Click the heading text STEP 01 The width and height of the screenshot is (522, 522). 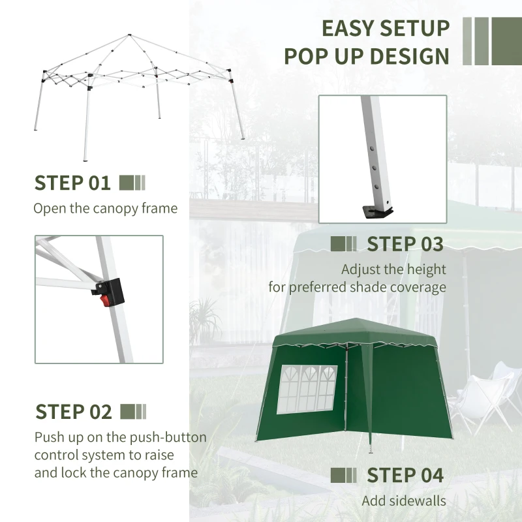[x=72, y=183]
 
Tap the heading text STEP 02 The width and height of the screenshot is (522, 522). [x=74, y=412]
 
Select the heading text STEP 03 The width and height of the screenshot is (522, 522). [x=405, y=244]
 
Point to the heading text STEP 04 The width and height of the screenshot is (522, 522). [x=405, y=475]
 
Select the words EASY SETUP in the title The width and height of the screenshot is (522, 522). [x=386, y=28]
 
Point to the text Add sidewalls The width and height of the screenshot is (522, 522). [x=404, y=501]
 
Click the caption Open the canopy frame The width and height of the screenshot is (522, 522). [x=105, y=209]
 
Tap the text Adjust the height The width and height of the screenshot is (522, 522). [x=393, y=269]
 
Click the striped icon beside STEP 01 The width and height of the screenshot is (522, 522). [x=132, y=183]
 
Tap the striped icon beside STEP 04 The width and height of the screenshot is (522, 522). [x=344, y=475]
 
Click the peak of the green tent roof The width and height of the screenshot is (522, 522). [x=353, y=320]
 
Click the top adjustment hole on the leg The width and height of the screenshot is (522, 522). [x=371, y=148]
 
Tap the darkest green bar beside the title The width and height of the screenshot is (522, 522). [x=508, y=41]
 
